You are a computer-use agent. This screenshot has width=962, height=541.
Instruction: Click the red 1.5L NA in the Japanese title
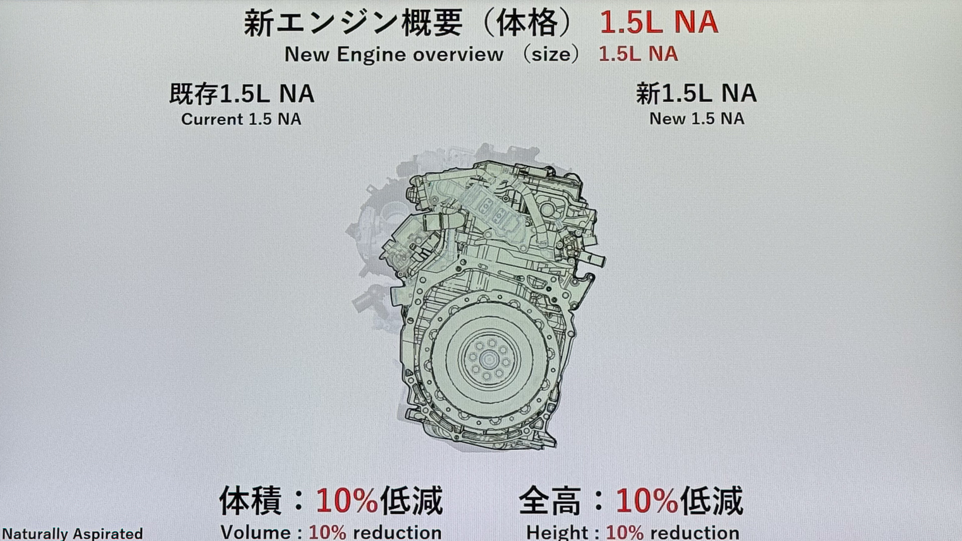pos(659,23)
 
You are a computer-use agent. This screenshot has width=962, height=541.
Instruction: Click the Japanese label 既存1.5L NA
pos(242,94)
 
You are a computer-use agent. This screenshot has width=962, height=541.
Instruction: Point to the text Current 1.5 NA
pos(241,119)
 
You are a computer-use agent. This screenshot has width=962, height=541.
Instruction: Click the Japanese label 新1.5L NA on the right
pos(696,93)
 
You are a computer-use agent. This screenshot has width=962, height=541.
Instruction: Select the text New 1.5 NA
pos(696,119)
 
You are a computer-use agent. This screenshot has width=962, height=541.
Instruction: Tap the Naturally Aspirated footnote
pos(72,533)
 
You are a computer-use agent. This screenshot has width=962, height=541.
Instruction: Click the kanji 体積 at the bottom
pos(250,500)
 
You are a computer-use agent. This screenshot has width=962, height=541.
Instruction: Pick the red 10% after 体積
pos(346,500)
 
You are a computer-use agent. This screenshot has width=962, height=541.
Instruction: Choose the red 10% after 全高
pos(646,500)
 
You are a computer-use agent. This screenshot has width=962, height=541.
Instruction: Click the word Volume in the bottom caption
pos(256,532)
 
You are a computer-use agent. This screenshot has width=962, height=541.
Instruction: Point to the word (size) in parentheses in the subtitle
pos(551,54)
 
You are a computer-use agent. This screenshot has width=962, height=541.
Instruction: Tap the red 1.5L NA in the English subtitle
pos(638,54)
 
